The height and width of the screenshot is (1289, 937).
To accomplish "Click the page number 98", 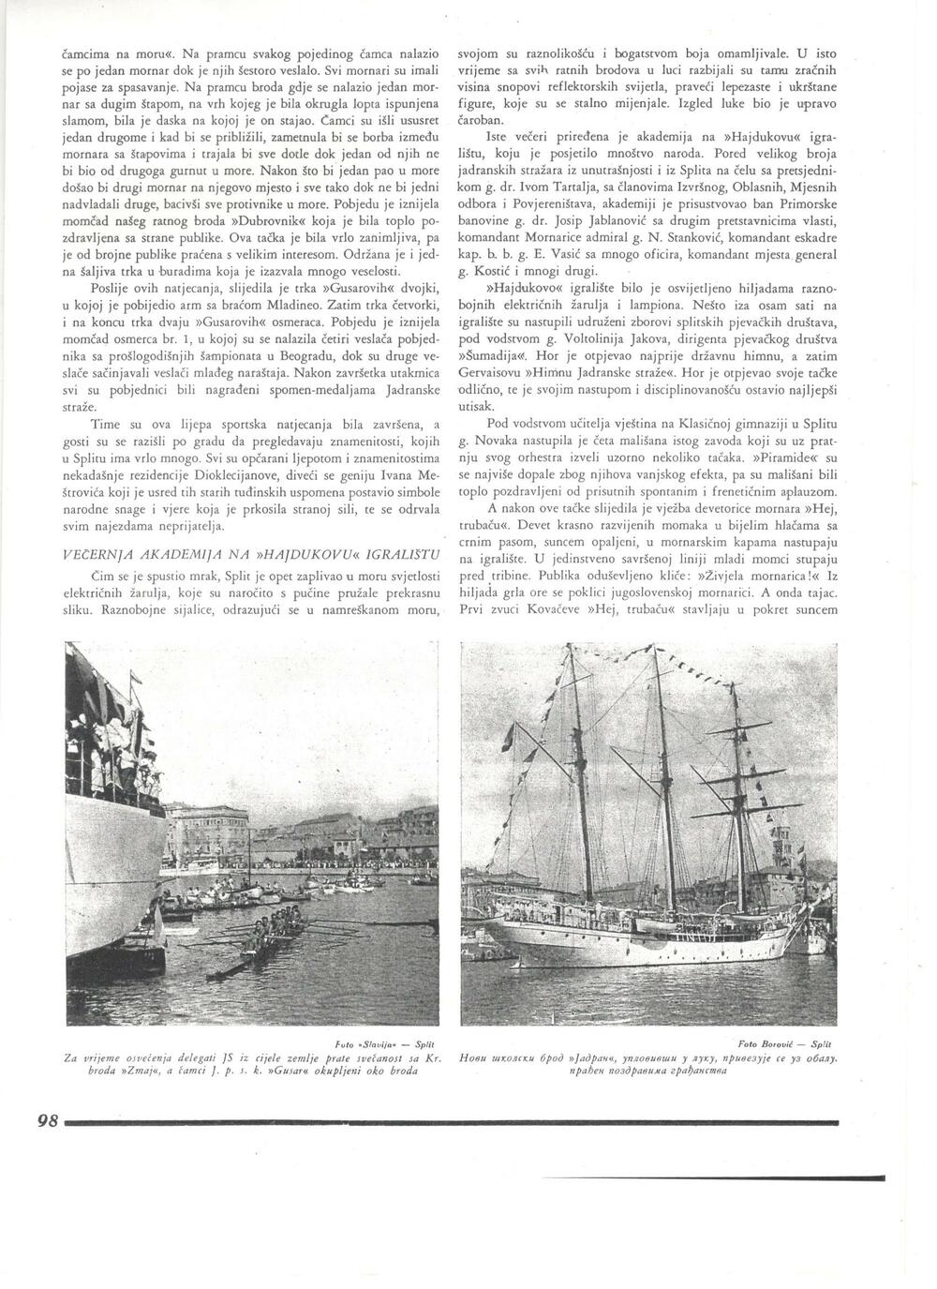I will pos(48,1120).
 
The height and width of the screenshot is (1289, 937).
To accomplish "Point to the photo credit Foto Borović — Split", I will pos(793,1042).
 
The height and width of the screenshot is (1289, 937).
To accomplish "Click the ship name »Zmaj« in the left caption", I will pos(112,1071).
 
